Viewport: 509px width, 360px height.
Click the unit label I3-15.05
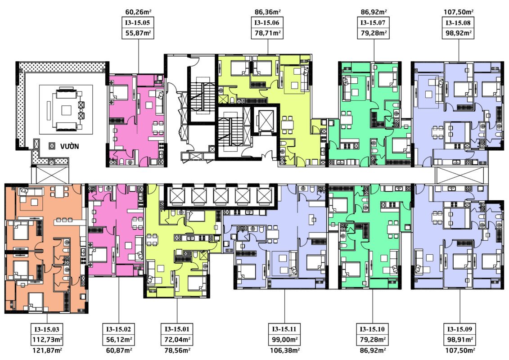point(138,22)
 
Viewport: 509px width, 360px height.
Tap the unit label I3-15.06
point(267,22)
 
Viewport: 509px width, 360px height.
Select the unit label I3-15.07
point(373,22)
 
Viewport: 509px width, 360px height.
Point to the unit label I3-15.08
point(458,22)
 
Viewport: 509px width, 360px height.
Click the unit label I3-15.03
point(47,329)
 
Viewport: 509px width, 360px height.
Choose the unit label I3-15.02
point(118,329)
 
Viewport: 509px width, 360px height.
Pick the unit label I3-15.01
point(177,329)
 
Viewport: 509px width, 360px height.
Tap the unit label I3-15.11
point(284,329)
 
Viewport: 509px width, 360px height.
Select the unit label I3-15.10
point(372,329)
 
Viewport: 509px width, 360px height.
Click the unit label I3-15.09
point(460,329)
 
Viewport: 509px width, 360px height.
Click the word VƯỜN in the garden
point(69,146)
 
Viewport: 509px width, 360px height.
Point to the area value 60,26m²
point(138,12)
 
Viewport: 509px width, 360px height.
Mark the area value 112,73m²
point(47,340)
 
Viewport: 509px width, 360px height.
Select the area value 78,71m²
point(267,33)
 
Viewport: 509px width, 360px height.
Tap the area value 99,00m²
point(285,340)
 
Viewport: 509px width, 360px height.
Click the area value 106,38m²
point(285,350)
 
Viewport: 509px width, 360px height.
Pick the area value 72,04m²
point(177,340)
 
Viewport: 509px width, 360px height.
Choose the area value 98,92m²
point(458,33)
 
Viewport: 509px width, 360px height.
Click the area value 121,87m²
point(47,350)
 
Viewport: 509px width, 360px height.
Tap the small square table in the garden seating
point(67,110)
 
